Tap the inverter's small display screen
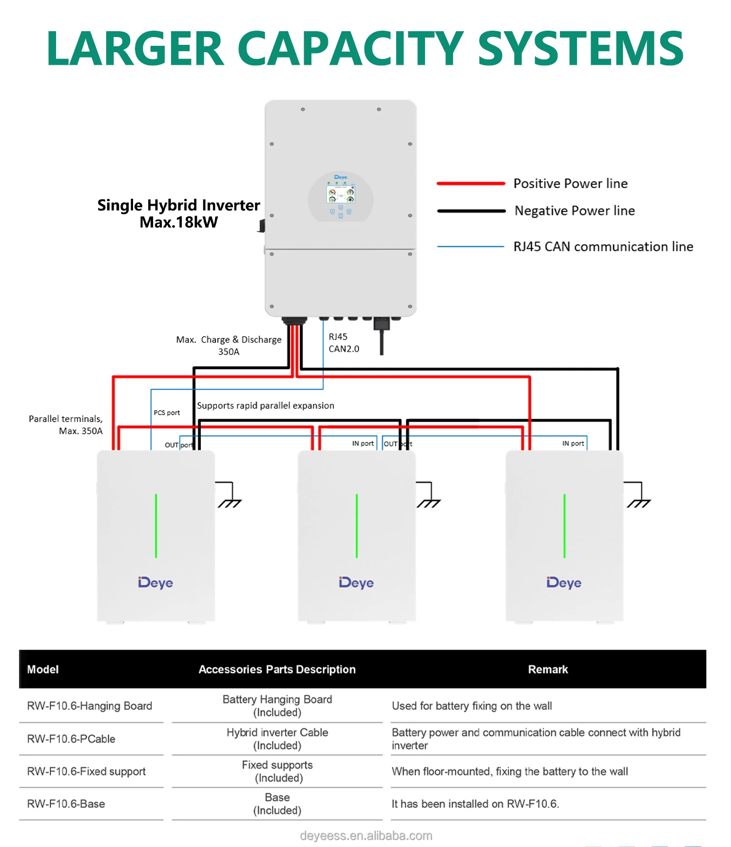point(341,194)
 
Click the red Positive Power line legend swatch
point(471,184)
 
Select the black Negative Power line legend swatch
point(471,211)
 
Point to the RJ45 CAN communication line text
point(603,247)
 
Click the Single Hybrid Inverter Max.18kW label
point(178,213)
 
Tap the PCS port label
point(167,413)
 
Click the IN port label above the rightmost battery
point(573,443)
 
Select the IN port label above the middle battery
point(363,443)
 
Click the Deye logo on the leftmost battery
point(155,583)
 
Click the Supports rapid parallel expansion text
point(266,405)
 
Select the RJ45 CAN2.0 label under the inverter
point(344,343)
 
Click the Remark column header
point(548,670)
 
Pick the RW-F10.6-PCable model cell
point(71,739)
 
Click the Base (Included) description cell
point(277,804)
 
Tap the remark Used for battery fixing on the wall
point(472,706)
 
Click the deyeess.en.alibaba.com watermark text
point(366,836)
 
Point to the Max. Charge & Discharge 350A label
point(229,345)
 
